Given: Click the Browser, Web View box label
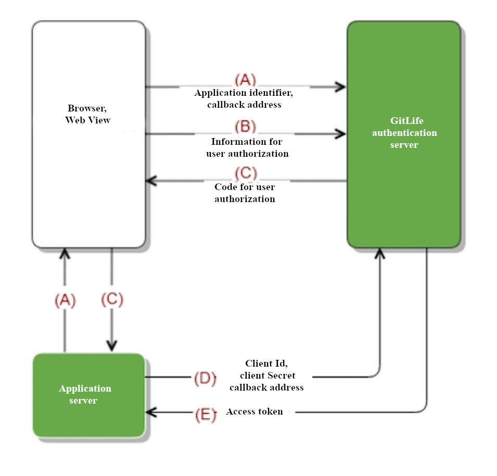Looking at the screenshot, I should (88, 115).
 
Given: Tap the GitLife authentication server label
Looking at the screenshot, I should (404, 133).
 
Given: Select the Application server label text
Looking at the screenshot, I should (85, 395).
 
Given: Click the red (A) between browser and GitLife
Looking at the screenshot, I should (245, 80).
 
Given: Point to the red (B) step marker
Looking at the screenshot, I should (245, 127).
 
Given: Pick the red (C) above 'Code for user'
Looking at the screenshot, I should (246, 172).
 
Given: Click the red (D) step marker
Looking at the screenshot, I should (205, 378).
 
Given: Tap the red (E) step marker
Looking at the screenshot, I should (205, 415).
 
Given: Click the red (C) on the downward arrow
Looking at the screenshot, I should (112, 299).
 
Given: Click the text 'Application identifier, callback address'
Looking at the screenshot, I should (244, 99).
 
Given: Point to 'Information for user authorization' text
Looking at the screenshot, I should (247, 147).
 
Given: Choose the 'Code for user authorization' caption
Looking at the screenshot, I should (245, 193).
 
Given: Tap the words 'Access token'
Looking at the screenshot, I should (254, 411).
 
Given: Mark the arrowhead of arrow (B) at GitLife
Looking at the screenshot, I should (341, 134).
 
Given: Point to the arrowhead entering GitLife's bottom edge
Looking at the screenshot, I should (380, 254).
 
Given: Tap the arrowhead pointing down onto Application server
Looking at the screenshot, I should (112, 346).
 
